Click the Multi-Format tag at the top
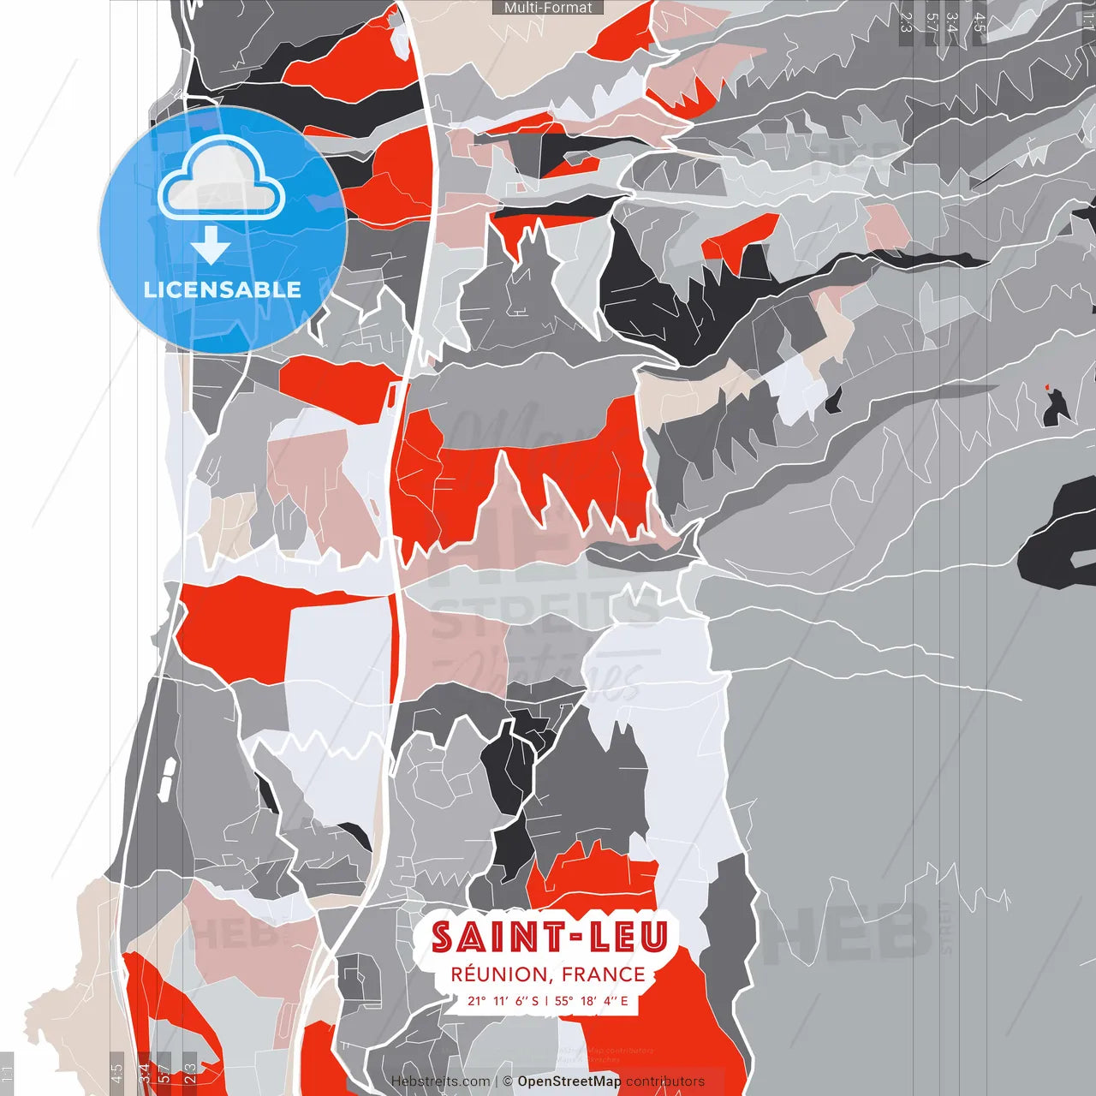click(x=548, y=8)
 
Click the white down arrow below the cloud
click(x=211, y=246)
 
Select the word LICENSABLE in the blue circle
click(x=223, y=289)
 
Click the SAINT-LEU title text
click(x=549, y=938)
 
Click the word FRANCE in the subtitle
click(x=605, y=974)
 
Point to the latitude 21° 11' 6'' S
click(x=503, y=1000)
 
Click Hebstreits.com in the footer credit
click(x=440, y=1081)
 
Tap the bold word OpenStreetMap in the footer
click(x=569, y=1081)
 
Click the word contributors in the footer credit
click(x=665, y=1081)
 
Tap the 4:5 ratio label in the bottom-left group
click(x=116, y=1072)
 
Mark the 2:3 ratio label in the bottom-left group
click(x=190, y=1072)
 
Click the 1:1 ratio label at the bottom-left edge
click(x=7, y=1072)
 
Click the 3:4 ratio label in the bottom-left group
click(x=144, y=1072)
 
